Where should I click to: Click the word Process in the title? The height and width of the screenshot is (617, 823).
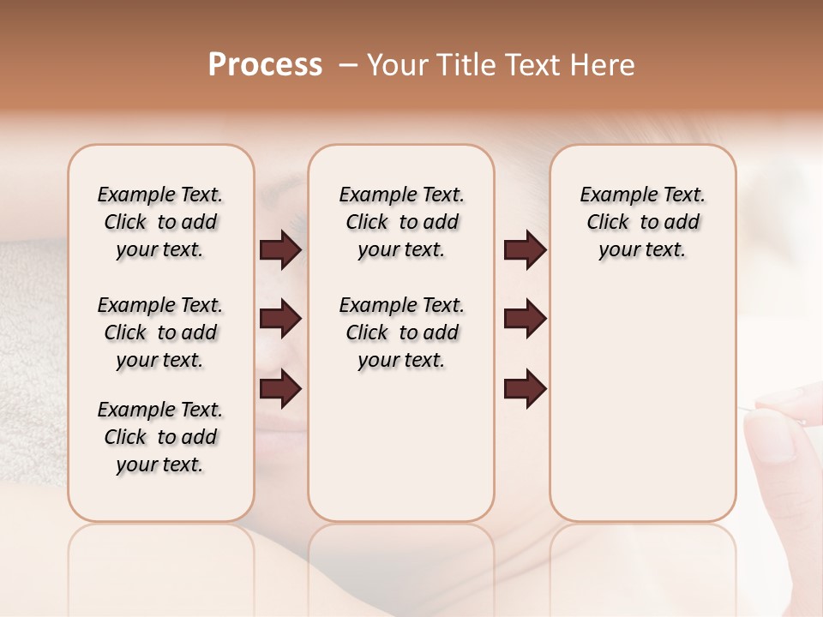pos(265,65)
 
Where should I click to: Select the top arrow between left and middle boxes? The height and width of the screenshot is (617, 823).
pos(280,250)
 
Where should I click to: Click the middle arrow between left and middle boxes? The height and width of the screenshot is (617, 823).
pos(280,319)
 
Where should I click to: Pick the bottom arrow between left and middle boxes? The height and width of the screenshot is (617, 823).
pos(280,389)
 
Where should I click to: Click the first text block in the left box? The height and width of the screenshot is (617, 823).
pos(160,222)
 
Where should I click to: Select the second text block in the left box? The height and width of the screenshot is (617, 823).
pos(160,332)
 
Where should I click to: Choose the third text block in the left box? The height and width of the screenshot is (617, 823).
pos(160,437)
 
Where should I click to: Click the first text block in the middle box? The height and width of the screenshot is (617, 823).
pos(401,222)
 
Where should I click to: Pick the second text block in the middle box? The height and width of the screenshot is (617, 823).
pos(401,332)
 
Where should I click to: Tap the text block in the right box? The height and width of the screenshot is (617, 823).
pos(642,222)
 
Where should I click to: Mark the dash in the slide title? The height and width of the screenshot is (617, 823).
pos(348,65)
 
